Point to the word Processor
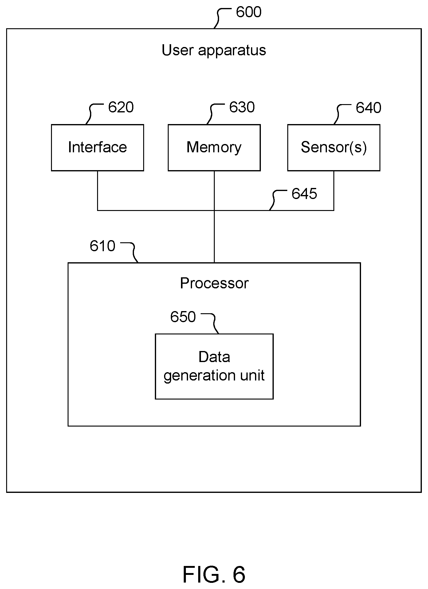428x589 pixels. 214,283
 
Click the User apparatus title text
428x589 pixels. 214,50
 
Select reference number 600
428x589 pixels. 249,12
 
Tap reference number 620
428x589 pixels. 121,107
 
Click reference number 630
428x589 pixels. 242,107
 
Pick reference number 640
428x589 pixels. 368,108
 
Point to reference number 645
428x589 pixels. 304,194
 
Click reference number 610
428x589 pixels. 102,246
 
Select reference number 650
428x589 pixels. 183,317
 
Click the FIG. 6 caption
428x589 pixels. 214,574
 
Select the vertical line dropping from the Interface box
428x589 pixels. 97,190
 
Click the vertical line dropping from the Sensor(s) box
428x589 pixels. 334,190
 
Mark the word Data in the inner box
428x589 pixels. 214,357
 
